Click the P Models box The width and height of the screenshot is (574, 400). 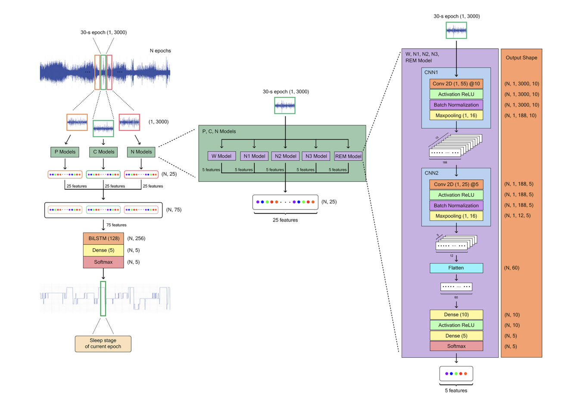click(65, 152)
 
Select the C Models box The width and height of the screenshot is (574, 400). click(103, 152)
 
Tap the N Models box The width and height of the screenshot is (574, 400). click(141, 152)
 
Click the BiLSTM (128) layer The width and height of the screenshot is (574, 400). click(103, 238)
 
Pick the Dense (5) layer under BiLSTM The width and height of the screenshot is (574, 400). click(103, 250)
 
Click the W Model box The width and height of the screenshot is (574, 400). click(221, 156)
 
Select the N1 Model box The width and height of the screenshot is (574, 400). click(254, 156)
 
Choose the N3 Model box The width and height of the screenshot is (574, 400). click(316, 156)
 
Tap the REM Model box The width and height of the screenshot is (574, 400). click(348, 156)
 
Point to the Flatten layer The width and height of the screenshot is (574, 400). click(456, 268)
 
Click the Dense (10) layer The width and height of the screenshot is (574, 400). click(456, 315)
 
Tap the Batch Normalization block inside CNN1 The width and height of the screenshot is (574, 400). click(456, 105)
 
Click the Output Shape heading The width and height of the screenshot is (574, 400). click(521, 58)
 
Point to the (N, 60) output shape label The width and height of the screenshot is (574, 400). click(512, 268)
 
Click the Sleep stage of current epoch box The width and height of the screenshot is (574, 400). click(103, 344)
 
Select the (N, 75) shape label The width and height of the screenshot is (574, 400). click(174, 210)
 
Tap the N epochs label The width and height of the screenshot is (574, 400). click(160, 51)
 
